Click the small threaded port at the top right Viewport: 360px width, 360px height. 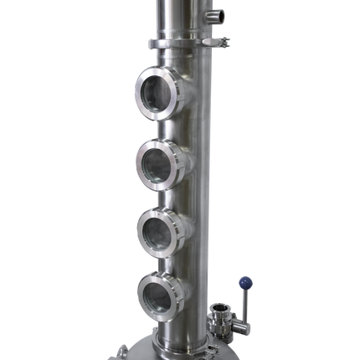pos(219,14)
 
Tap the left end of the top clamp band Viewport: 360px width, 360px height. pos(150,44)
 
